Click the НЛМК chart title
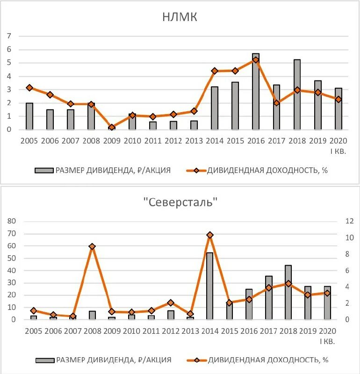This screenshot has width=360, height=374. (180, 17)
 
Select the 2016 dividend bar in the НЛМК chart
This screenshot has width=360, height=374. (256, 92)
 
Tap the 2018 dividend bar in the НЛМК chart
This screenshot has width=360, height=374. (297, 94)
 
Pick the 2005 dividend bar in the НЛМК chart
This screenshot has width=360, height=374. (29, 116)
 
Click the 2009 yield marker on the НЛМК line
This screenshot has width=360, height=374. (112, 127)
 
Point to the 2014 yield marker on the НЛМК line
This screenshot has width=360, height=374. (215, 71)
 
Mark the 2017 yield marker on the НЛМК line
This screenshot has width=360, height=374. (276, 103)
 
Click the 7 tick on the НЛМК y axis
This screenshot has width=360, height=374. (8, 36)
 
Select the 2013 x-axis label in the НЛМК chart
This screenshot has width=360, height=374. (194, 140)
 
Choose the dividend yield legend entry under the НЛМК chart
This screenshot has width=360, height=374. (259, 170)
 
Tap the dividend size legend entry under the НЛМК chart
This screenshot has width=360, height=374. (103, 170)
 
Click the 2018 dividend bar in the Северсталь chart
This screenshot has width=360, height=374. (288, 292)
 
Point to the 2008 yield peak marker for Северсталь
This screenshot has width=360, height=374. (92, 246)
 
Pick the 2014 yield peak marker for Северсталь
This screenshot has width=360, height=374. (210, 235)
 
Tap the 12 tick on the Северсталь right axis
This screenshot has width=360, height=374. (350, 221)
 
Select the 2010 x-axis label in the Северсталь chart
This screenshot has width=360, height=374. (132, 331)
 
